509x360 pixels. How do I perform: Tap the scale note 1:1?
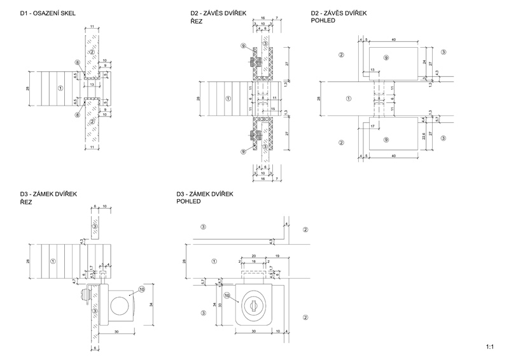[489, 347]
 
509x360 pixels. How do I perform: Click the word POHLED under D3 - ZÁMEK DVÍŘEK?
[189, 201]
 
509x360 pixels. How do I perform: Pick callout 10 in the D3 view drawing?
[227, 295]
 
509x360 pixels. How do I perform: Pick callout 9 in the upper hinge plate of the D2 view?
[386, 58]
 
